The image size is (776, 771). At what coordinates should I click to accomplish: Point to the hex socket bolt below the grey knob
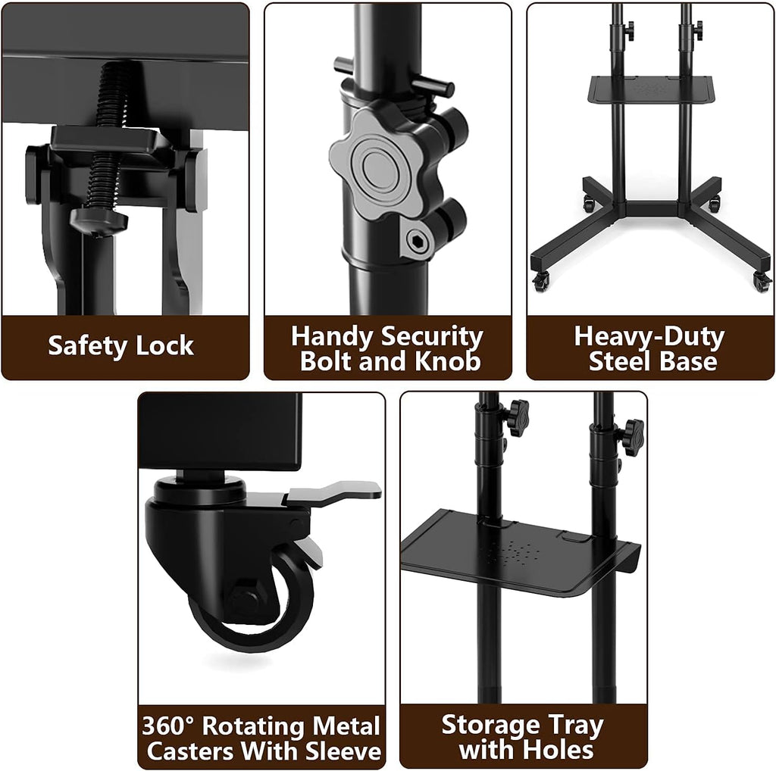coord(417,241)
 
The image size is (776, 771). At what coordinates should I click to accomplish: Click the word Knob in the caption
coord(447,361)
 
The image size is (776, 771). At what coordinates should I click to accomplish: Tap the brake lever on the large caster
coord(333,489)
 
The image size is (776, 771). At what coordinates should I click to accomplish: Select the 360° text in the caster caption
coord(169,726)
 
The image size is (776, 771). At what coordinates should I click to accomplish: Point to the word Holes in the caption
coord(560,750)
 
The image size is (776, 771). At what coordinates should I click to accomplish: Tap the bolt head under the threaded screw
coord(99,221)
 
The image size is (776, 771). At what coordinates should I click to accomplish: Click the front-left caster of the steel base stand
coord(541,280)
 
